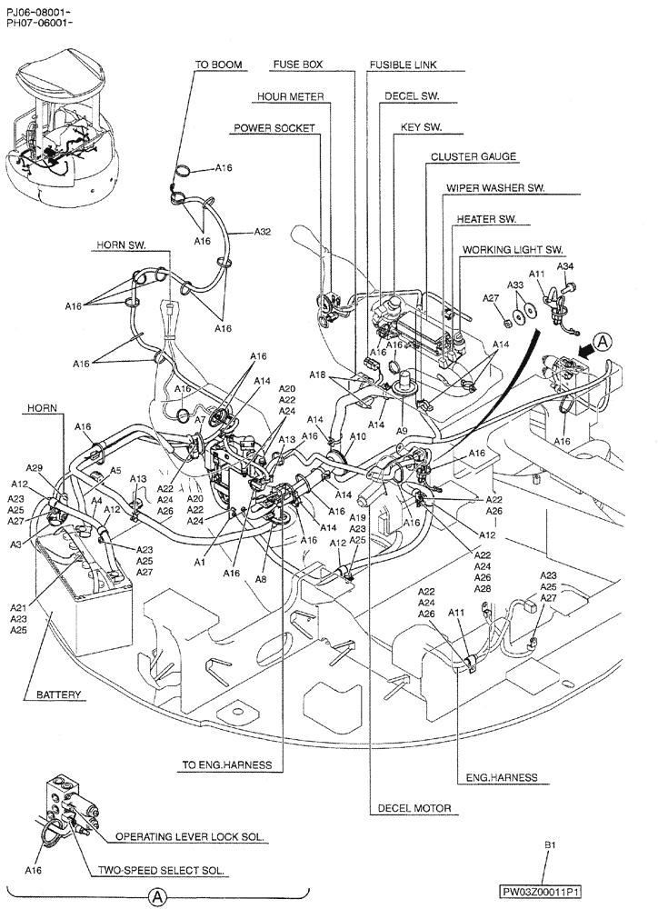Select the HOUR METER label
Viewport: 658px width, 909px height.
(290, 96)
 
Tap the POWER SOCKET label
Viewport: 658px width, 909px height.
(274, 128)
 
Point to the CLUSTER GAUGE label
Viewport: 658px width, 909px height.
(474, 156)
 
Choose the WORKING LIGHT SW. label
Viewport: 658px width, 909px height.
(513, 249)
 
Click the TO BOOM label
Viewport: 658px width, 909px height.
(216, 65)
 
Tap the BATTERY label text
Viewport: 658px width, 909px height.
(59, 695)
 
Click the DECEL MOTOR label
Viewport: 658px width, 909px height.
(414, 807)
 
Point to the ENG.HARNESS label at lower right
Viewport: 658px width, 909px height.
(502, 777)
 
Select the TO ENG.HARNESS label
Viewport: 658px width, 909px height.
(226, 765)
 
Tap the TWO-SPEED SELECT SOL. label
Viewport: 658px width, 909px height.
(162, 870)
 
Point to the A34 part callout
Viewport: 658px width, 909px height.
(564, 266)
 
